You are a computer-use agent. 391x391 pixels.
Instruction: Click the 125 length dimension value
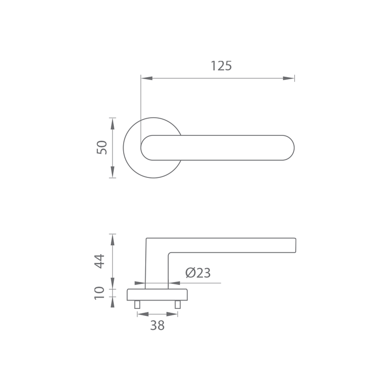pos(221,66)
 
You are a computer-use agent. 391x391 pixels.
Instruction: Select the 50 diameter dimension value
pos(102,148)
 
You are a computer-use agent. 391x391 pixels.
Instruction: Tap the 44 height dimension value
pos(100,261)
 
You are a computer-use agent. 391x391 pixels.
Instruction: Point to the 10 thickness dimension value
pos(100,293)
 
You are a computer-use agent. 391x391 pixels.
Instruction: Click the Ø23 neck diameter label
pos(198,273)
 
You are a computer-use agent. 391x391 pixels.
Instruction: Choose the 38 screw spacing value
pos(157,326)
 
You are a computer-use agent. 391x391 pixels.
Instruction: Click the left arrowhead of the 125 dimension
pos(147,78)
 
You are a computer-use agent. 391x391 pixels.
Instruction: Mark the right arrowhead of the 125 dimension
pos(288,78)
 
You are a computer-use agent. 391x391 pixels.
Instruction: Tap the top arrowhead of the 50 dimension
pos(113,124)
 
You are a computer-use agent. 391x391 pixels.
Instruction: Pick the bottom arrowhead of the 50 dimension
pos(113,172)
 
